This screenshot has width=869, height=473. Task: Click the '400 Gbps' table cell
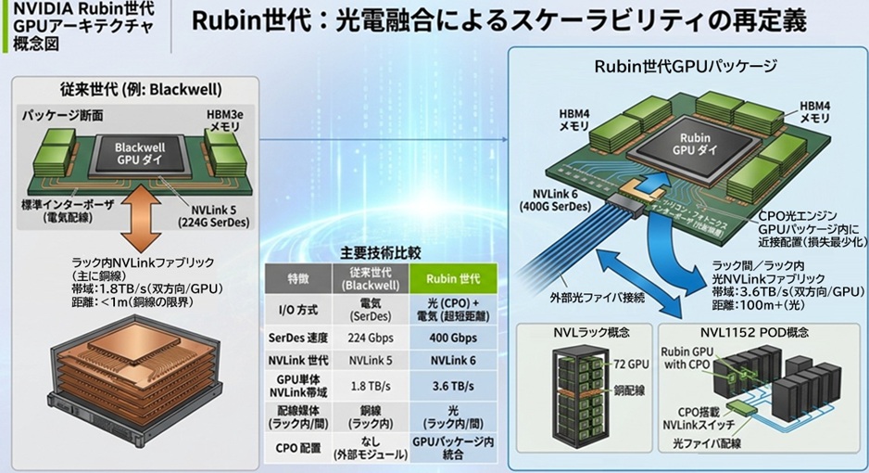click(x=453, y=337)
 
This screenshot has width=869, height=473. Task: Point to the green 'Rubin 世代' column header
click(x=453, y=277)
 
